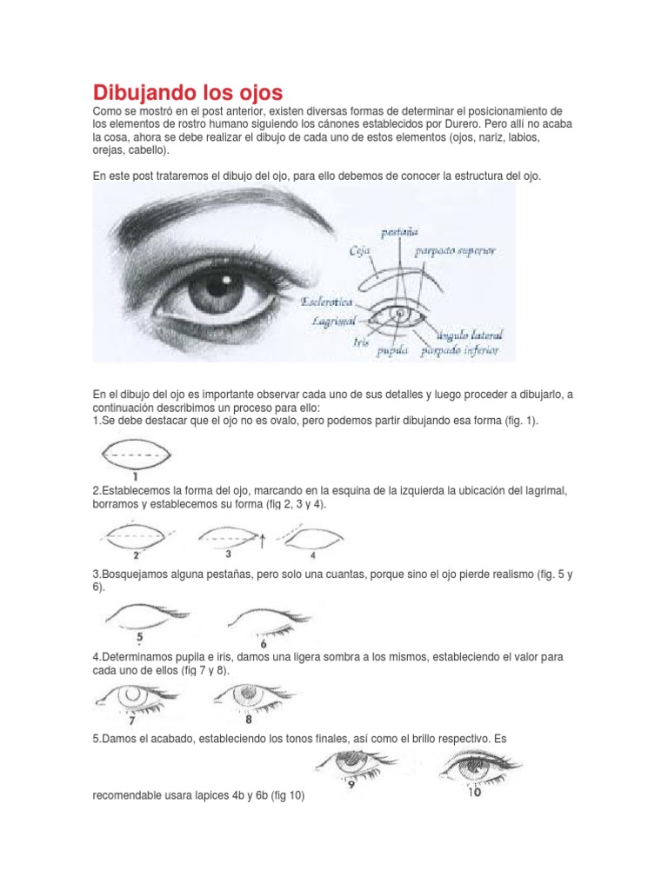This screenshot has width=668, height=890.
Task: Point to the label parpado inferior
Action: click(459, 351)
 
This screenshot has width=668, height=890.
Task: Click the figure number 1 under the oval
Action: click(136, 475)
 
